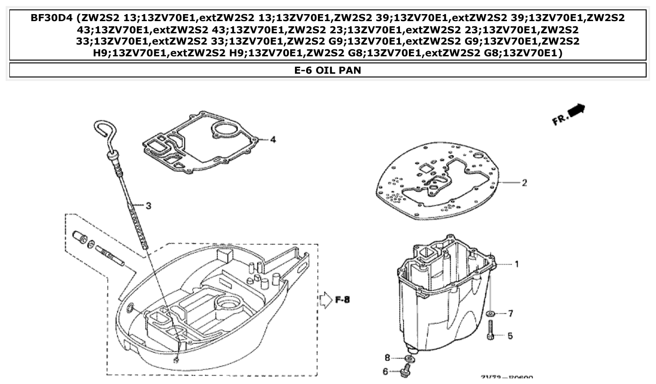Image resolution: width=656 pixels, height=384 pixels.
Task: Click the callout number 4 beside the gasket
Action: click(273, 139)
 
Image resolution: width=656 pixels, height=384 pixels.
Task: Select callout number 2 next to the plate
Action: click(524, 183)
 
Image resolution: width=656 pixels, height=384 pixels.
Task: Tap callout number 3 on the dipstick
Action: click(148, 206)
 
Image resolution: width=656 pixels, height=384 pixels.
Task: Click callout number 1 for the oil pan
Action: click(517, 264)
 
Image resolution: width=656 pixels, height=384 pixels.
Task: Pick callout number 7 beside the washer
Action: click(511, 313)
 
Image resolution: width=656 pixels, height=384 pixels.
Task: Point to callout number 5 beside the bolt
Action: click(510, 336)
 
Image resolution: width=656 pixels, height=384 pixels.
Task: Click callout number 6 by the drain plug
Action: click(385, 371)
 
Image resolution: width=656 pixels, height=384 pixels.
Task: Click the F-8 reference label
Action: click(343, 300)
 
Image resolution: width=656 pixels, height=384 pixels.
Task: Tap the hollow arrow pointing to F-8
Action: click(325, 300)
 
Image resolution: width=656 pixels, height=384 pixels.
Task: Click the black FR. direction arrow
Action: click(576, 111)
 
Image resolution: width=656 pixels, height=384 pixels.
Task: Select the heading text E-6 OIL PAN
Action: click(327, 70)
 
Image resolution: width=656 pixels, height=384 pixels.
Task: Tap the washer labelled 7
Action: click(490, 313)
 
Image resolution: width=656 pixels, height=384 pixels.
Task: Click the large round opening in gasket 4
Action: click(226, 129)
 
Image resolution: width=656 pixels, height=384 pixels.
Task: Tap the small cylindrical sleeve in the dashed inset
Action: click(80, 237)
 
